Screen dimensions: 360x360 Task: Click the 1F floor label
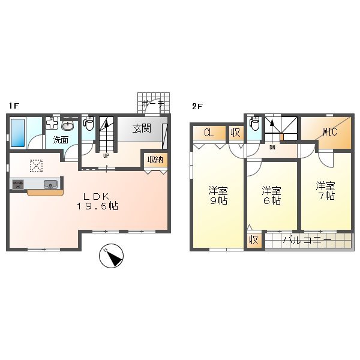click(14, 106)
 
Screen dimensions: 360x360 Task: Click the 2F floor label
click(196, 106)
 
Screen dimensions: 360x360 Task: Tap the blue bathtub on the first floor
click(17, 133)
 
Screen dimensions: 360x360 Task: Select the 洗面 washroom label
click(60, 140)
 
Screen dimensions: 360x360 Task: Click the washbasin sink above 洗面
click(68, 126)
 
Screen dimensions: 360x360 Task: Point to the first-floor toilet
click(88, 125)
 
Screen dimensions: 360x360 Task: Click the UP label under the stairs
click(106, 155)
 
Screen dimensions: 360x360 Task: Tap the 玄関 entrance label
click(142, 128)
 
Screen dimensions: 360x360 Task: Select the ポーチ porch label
click(153, 104)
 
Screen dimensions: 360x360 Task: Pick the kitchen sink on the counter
click(50, 184)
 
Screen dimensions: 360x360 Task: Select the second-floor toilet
click(254, 125)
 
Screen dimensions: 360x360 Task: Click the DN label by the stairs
click(272, 147)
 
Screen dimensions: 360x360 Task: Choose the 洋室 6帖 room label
click(271, 196)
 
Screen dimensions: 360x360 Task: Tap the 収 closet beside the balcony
click(254, 240)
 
